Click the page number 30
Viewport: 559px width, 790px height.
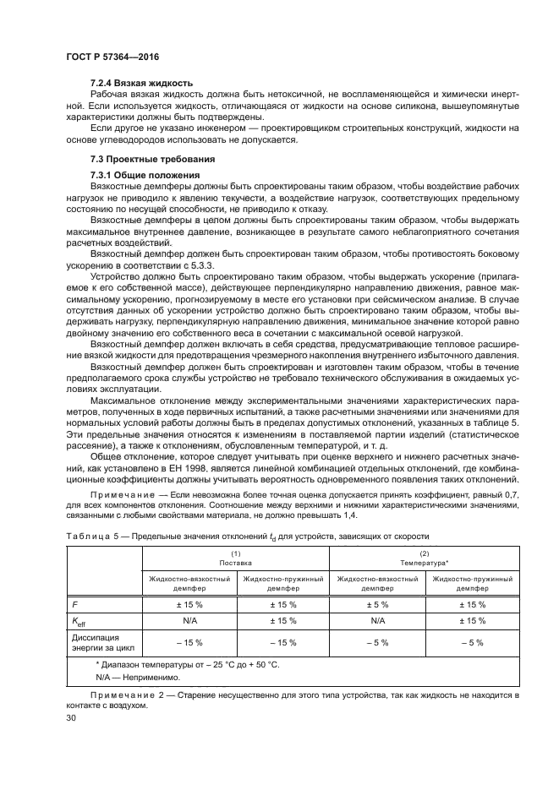coord(71,718)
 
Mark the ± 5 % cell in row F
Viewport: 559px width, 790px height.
coord(377,604)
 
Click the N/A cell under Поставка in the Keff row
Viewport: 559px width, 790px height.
coord(189,621)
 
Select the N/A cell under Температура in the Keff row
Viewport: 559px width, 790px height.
coord(377,621)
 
